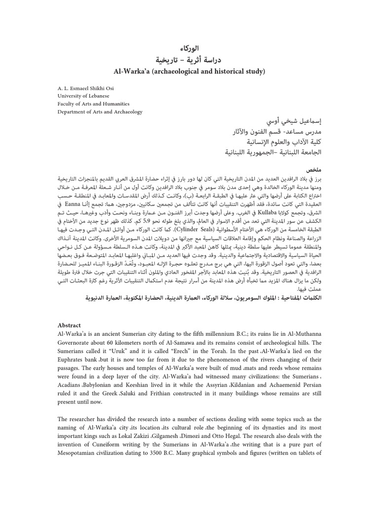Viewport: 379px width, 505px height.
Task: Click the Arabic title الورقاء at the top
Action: [189, 49]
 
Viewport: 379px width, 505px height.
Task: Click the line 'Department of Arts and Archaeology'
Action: [98, 112]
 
